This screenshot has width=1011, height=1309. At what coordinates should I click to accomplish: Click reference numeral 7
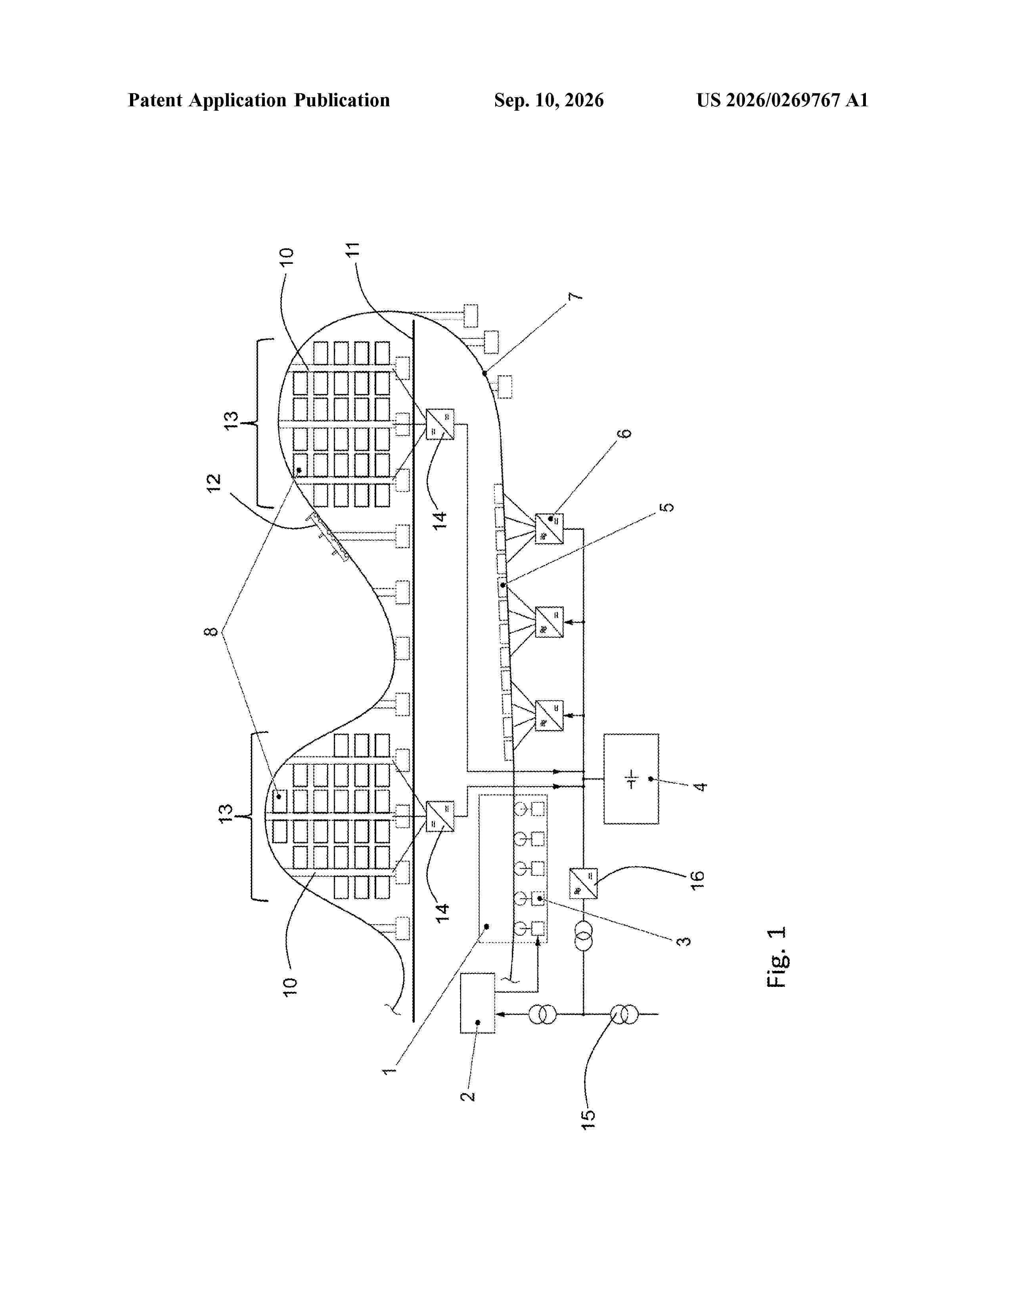575,297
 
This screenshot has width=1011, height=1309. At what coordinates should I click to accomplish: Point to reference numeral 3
684,941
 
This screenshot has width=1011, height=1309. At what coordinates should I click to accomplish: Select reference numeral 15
589,1119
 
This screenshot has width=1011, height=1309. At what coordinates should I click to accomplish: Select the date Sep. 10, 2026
549,100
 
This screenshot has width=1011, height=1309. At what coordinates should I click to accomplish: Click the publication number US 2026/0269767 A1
781,100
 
